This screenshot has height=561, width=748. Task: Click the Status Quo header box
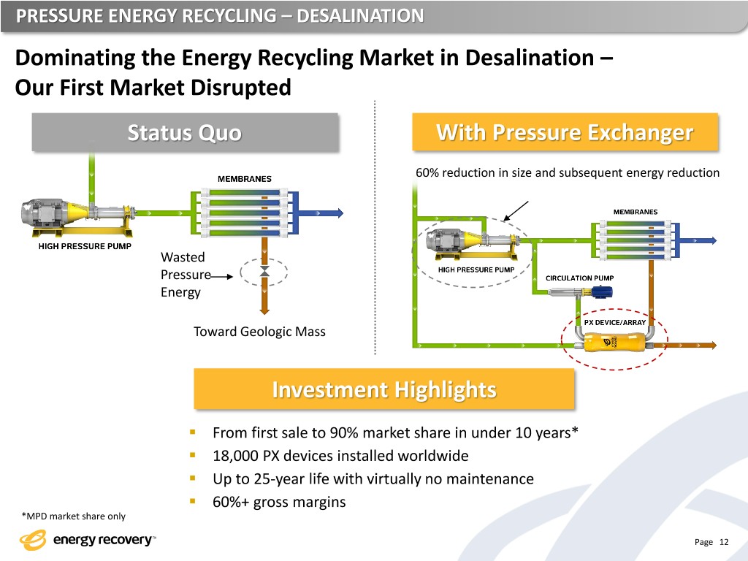coord(185,133)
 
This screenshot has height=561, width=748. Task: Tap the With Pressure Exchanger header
coord(565,133)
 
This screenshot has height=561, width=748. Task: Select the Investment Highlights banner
coord(383,389)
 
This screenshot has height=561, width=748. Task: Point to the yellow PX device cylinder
coord(613,343)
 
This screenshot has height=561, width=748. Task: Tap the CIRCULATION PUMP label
coord(581,278)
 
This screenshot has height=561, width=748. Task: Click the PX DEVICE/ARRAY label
coord(614,322)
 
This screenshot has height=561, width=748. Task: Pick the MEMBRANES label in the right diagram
coord(635,212)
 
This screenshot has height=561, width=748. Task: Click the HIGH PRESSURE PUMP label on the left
coord(85,246)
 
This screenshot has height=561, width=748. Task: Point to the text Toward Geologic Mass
coord(259,332)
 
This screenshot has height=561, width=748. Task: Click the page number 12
coord(724,542)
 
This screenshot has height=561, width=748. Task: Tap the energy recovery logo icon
coord(34,541)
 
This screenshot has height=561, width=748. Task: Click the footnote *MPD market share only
coord(73,516)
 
